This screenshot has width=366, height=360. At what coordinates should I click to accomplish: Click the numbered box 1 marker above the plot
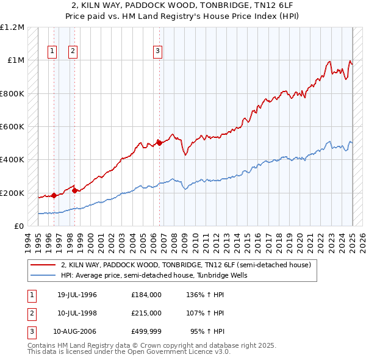[52, 51]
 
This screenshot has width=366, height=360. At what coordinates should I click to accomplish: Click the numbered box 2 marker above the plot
[73, 51]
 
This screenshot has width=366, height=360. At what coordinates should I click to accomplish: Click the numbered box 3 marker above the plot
[157, 51]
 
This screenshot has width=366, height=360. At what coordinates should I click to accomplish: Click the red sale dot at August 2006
[159, 143]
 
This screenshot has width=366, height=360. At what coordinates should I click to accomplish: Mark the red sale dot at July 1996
[54, 195]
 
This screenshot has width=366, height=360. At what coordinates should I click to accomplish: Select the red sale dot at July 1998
[74, 190]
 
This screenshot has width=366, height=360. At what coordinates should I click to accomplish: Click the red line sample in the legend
[44, 265]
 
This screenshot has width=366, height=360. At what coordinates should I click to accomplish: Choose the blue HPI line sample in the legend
[44, 275]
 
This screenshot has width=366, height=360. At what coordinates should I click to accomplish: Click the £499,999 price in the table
[146, 332]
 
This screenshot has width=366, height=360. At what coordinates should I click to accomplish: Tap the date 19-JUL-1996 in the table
[77, 295]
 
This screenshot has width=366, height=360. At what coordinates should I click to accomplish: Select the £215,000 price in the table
[146, 313]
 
